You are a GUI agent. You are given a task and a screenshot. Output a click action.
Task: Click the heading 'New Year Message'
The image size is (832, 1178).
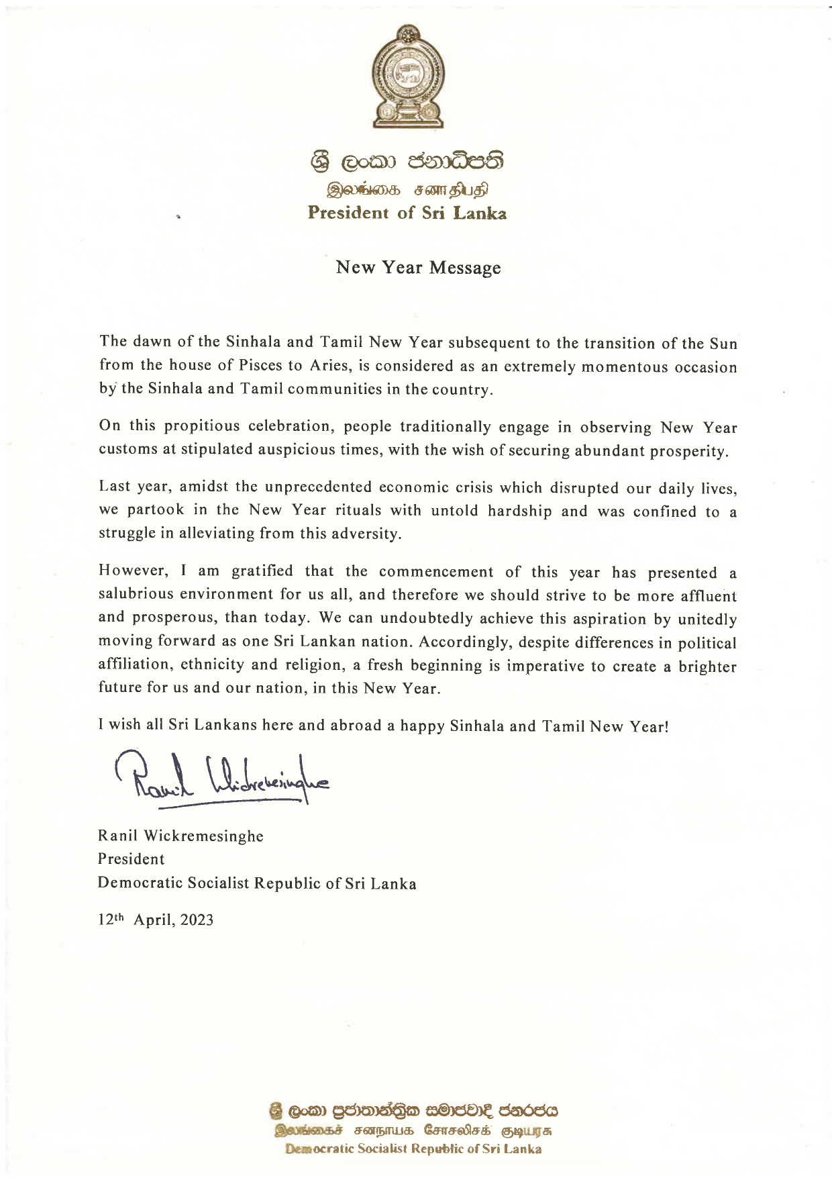pyautogui.click(x=418, y=268)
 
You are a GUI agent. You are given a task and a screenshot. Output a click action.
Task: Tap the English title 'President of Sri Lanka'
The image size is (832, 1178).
pyautogui.click(x=407, y=213)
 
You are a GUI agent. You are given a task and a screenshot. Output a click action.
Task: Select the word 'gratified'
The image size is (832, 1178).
pyautogui.click(x=262, y=571)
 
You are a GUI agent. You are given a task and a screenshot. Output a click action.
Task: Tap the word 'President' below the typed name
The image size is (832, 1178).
pyautogui.click(x=131, y=859)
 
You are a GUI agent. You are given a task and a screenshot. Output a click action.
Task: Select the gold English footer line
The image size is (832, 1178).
pyautogui.click(x=413, y=1149)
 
